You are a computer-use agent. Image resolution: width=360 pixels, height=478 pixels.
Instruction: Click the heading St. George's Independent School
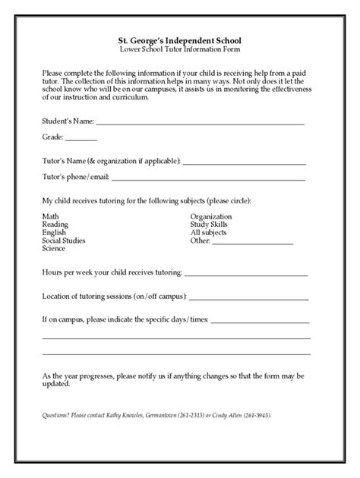(x=179, y=39)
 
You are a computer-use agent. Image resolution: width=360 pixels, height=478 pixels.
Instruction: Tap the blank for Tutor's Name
(x=244, y=162)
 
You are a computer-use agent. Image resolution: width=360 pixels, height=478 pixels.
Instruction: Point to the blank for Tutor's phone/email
(x=208, y=179)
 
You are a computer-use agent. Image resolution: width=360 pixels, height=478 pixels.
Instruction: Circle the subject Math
(x=50, y=217)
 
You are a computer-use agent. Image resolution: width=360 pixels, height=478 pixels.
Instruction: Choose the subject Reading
(x=55, y=225)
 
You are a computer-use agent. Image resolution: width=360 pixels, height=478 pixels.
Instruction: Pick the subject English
(x=54, y=233)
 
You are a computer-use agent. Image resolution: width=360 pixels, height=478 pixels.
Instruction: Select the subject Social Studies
(x=64, y=241)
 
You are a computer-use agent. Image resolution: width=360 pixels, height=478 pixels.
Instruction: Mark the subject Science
(x=54, y=249)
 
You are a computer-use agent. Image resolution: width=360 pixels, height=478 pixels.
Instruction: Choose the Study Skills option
(x=208, y=225)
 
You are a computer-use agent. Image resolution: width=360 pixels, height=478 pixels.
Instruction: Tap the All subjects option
(x=208, y=233)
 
